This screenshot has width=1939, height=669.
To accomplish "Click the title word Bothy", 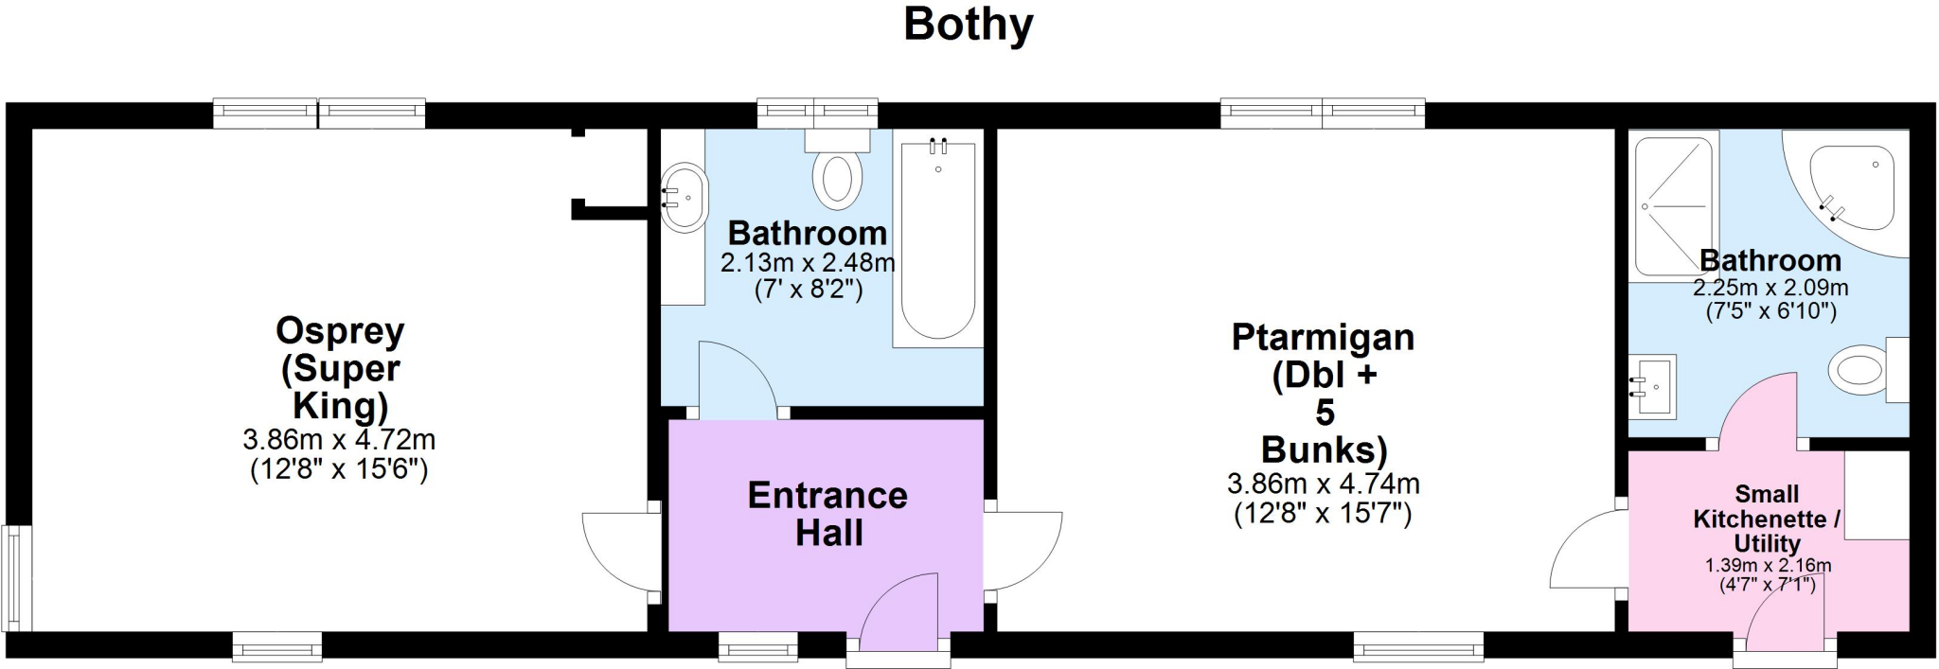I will (968, 25).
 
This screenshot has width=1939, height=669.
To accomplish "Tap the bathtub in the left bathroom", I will (936, 241).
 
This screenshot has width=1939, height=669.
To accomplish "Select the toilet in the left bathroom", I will (837, 174).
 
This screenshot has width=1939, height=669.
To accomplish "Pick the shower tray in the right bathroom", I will (1673, 206).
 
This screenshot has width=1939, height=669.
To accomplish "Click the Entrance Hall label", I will (828, 514).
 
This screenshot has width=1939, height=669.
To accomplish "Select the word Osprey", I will (340, 331).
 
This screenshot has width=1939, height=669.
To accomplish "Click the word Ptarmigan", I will (1323, 338).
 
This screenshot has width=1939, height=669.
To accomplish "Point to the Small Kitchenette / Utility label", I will (1767, 519).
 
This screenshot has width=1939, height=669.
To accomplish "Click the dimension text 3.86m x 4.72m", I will (339, 440).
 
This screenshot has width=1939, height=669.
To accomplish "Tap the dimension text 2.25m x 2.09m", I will (1770, 288).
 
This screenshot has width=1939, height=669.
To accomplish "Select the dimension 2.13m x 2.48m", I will (808, 263).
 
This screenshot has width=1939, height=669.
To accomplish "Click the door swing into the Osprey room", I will (615, 554).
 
